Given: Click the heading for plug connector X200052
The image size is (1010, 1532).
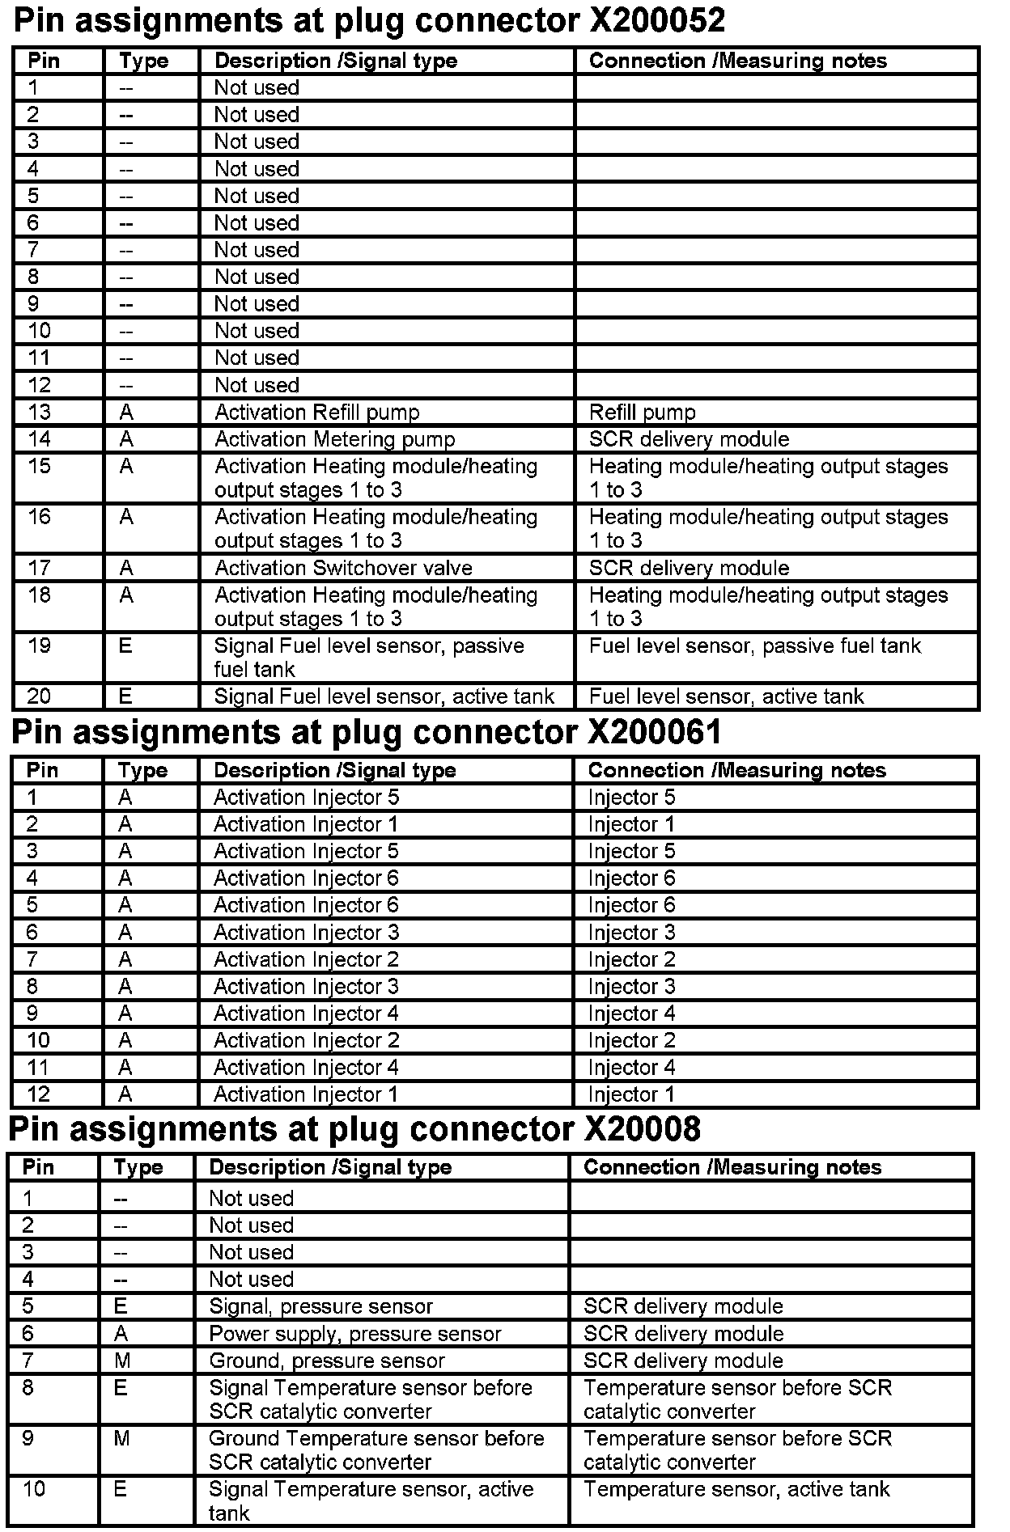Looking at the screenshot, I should [x=369, y=20].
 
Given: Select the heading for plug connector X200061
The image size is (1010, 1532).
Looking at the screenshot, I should [x=366, y=732].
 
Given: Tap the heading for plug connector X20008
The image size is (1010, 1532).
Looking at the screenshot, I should [x=354, y=1129].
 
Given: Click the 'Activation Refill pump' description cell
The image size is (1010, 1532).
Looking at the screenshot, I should [x=316, y=413].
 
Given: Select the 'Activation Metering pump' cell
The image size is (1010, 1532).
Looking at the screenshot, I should [x=334, y=439].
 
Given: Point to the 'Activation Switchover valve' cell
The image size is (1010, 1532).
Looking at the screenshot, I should [x=343, y=568].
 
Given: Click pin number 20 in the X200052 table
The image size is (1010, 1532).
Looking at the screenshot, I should [x=39, y=696].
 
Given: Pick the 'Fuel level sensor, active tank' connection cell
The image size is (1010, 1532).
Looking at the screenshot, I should [x=726, y=696].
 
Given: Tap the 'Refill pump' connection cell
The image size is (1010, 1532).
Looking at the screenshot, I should [x=642, y=413].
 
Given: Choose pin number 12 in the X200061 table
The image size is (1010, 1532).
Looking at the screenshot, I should [x=38, y=1094].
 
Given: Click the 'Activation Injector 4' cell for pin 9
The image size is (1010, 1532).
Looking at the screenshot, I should [x=306, y=1014].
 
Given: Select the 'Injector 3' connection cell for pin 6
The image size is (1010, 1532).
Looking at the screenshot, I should [x=631, y=933].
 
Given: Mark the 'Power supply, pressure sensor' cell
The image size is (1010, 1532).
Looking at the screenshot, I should [x=354, y=1334].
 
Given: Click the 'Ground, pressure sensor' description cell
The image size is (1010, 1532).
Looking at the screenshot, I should [x=327, y=1361].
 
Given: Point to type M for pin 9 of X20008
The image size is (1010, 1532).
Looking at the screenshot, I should [x=121, y=1439].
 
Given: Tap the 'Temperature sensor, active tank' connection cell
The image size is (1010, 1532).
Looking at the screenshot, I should [x=736, y=1489].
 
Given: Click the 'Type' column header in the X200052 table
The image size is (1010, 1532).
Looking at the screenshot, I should [x=143, y=61].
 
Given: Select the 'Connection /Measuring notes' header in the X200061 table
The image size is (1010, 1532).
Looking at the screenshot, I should [x=736, y=770].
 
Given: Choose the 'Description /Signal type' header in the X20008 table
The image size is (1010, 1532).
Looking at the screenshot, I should [x=330, y=1167].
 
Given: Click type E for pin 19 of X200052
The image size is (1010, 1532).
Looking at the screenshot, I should [x=125, y=646].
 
